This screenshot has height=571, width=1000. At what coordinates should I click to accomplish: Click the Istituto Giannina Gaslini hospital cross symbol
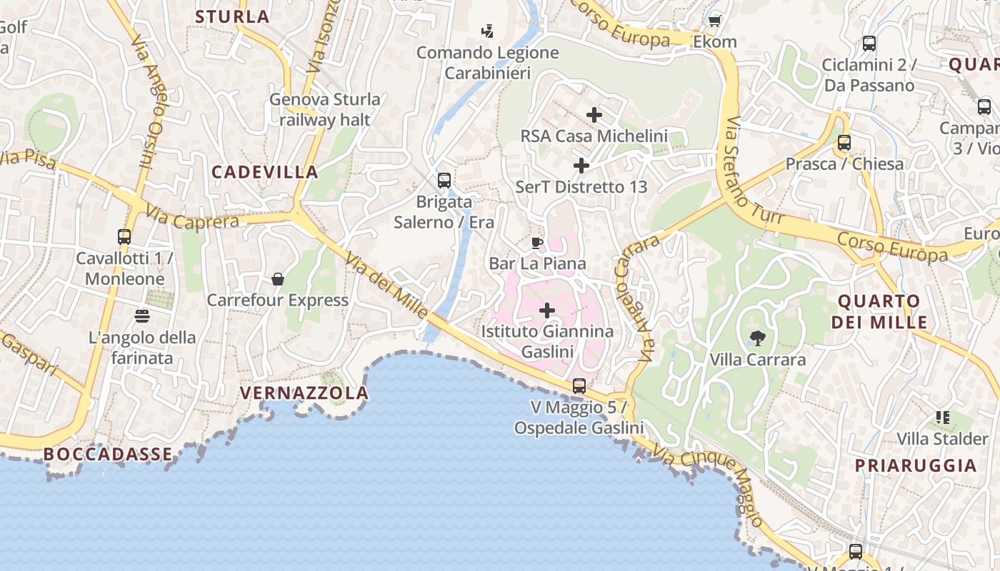547,310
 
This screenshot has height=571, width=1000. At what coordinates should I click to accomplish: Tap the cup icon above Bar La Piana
537,243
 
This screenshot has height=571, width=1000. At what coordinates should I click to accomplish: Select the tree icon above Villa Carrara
757,338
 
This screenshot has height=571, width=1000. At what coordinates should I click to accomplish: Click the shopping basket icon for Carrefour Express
278,279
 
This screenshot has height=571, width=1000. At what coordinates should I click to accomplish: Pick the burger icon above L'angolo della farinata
141,315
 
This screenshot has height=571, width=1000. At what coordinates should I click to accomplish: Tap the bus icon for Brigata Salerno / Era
444,180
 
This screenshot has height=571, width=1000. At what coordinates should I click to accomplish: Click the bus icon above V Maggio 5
579,386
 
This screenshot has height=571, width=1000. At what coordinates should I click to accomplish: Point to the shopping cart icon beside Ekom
714,21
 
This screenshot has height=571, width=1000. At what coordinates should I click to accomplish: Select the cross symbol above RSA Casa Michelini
594,114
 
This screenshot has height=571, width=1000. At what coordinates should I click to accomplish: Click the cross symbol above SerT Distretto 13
581,166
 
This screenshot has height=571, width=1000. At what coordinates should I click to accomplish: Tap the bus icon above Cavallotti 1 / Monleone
124,236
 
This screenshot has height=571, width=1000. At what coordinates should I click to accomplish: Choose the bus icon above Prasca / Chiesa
844,142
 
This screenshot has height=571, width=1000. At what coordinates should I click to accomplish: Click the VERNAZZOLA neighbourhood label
304,393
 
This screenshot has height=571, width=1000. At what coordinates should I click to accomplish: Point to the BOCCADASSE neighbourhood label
108,454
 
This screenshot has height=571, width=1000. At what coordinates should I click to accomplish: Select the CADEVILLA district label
265,172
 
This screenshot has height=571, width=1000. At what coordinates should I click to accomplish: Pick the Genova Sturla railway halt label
325,109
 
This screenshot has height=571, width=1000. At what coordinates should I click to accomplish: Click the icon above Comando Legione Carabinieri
487,31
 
